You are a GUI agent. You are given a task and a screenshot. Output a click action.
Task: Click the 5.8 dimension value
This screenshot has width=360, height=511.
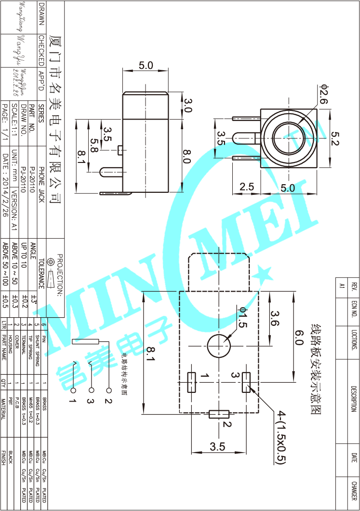point(94,143)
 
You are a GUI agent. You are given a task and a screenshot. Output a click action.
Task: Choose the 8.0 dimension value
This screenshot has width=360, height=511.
point(187,157)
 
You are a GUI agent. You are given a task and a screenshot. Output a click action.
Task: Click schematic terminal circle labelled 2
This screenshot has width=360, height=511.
point(108,390)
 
